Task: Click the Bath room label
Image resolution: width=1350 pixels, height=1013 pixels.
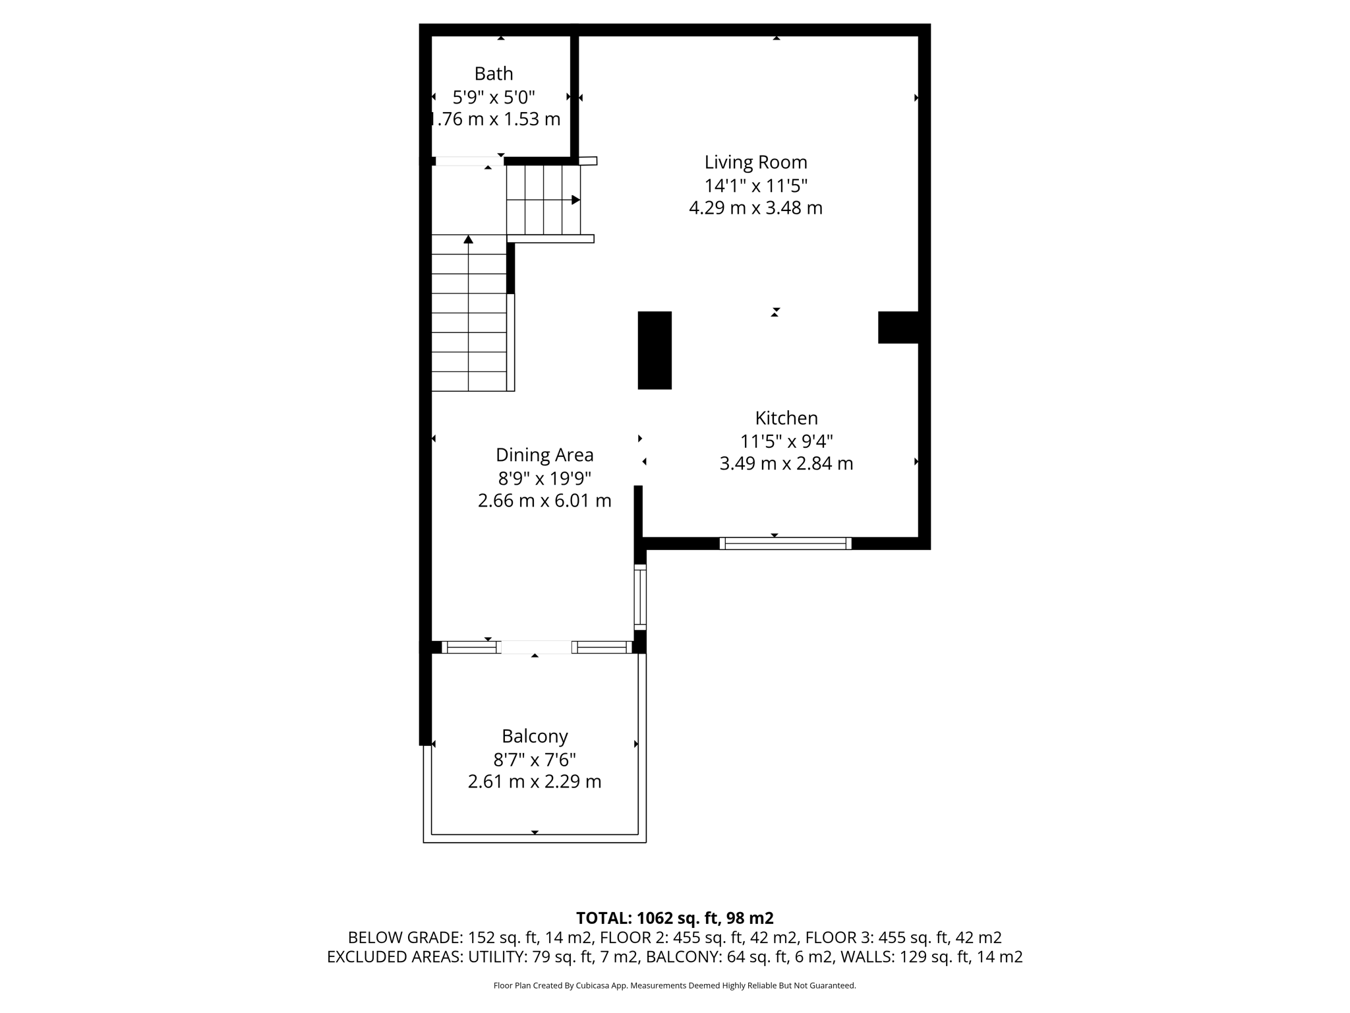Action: (493, 73)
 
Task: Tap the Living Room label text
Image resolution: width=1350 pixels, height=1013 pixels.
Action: (755, 162)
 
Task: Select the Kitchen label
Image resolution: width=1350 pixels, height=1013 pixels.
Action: (786, 418)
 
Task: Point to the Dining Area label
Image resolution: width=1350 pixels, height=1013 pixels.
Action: (544, 455)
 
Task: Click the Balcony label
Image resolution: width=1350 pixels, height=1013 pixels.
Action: (535, 736)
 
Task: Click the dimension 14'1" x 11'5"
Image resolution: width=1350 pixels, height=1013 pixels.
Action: (755, 185)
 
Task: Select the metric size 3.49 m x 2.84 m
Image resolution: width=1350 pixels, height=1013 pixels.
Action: (786, 464)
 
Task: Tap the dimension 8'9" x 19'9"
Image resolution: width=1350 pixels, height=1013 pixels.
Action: (544, 478)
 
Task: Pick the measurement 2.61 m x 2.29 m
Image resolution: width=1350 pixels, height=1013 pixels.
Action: (535, 782)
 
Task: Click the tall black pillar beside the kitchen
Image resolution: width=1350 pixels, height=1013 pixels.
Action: (655, 350)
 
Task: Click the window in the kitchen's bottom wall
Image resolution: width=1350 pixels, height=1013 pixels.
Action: (785, 543)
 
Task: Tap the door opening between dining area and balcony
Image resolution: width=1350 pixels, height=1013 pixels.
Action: (536, 648)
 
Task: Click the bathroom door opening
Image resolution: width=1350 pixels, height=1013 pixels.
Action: (469, 161)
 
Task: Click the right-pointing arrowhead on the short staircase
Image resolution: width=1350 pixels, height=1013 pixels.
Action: (575, 200)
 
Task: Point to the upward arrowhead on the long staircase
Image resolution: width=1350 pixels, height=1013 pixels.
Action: (468, 239)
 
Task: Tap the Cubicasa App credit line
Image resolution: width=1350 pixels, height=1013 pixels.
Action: (674, 986)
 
